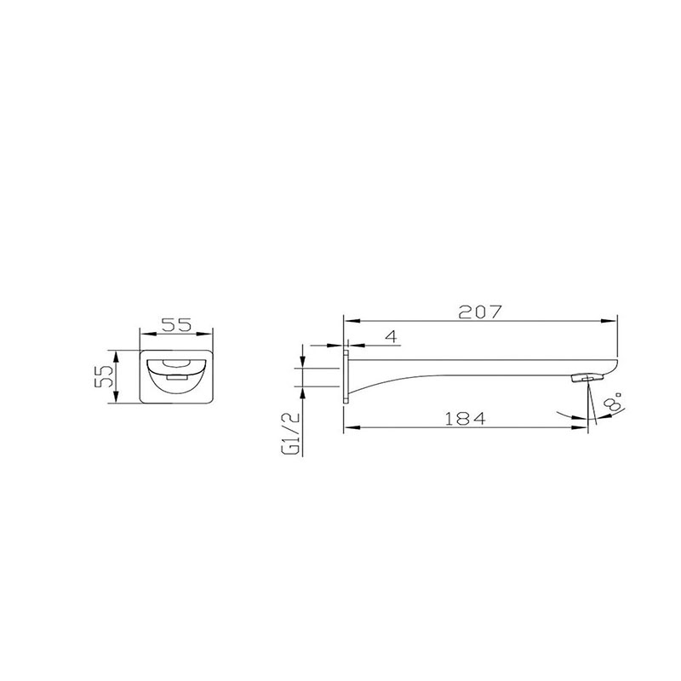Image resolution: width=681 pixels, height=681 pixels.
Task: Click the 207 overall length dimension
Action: [x=480, y=312]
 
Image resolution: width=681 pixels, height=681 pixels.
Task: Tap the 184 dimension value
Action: [x=465, y=419]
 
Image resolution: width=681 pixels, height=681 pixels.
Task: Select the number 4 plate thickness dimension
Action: [x=392, y=336]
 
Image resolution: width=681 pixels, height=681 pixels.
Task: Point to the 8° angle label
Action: [x=614, y=402]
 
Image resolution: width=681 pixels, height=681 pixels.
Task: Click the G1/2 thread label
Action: [x=291, y=433]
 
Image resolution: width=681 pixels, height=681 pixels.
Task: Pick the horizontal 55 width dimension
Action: [x=176, y=325]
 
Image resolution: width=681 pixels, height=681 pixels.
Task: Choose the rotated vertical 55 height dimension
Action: [x=104, y=376]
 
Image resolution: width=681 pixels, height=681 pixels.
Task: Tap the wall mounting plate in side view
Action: [x=346, y=377]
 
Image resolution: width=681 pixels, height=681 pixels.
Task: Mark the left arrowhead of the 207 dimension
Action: [x=351, y=321]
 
